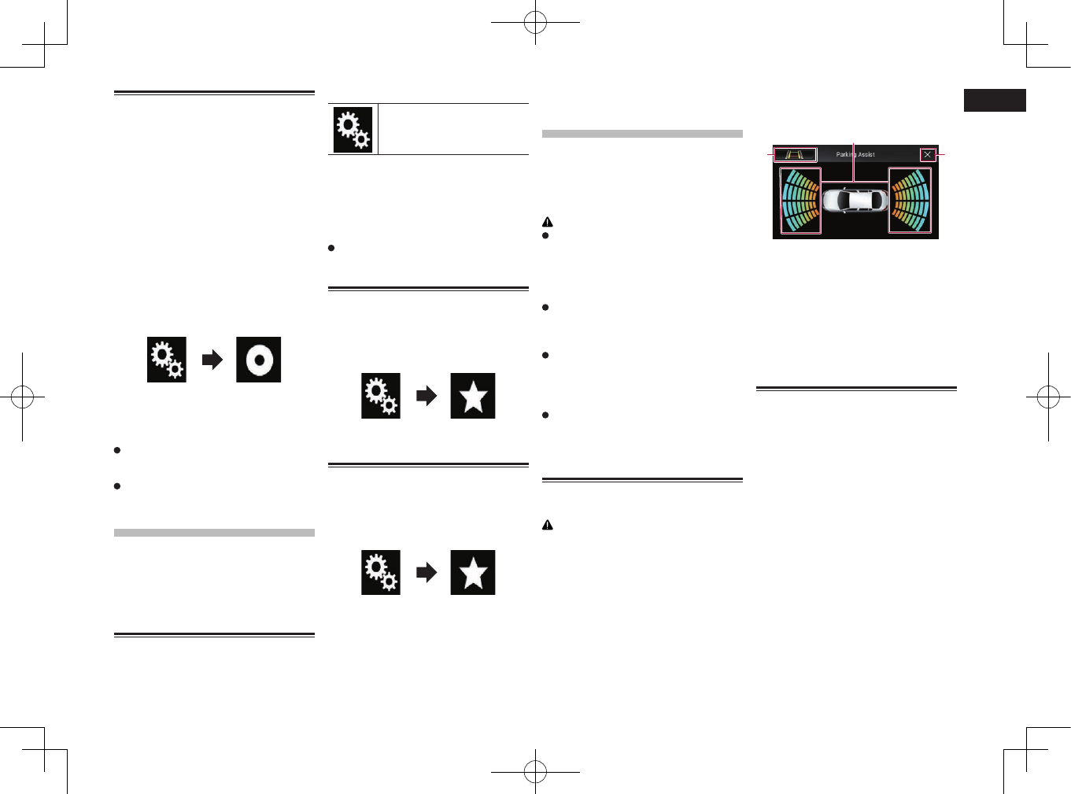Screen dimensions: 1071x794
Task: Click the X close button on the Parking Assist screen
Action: coord(928,155)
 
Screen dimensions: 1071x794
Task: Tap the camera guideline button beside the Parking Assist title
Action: coord(795,155)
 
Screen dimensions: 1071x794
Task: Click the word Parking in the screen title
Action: coord(845,155)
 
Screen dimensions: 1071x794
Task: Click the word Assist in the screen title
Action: coord(866,155)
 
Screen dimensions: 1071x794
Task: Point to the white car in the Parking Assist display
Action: coord(855,200)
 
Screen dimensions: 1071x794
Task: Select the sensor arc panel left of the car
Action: coord(800,201)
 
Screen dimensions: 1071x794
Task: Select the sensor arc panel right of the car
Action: coord(910,201)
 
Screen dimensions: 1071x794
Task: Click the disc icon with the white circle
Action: coord(258,360)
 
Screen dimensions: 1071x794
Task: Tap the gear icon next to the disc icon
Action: coord(167,360)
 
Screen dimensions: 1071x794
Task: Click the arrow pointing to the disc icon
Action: coord(212,360)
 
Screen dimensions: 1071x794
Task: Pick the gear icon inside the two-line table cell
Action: coord(353,129)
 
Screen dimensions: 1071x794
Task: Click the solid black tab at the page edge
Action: coord(995,100)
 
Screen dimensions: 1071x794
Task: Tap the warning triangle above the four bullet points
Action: coord(548,222)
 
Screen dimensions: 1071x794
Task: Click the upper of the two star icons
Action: coord(473,396)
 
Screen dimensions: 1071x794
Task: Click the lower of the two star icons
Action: coord(473,572)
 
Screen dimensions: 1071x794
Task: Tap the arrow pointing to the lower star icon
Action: coord(427,572)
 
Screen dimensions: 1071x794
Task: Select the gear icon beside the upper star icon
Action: coord(381,396)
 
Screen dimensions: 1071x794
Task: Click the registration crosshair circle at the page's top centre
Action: coord(535,22)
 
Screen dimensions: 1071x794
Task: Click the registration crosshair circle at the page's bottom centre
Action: coord(535,771)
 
